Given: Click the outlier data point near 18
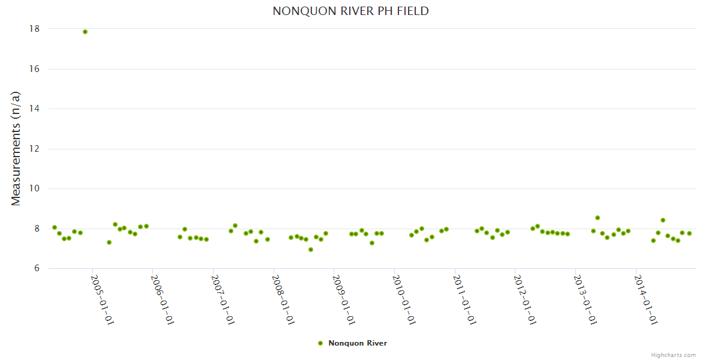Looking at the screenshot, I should [85, 32].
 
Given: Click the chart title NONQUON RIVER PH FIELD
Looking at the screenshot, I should [350, 11].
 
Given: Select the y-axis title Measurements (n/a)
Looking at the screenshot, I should [16, 148].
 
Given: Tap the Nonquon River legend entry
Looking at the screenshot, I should [353, 343].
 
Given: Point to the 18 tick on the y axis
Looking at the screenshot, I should [34, 29].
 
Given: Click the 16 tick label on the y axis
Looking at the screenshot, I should [34, 69].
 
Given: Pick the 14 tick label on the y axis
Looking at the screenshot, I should [34, 109].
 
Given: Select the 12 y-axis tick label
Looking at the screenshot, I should [34, 149].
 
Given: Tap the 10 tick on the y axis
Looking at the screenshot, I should [34, 188].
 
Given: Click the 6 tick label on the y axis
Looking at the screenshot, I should [37, 269].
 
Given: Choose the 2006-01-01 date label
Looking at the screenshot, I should [162, 299].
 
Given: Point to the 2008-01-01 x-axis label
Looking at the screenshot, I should [283, 299].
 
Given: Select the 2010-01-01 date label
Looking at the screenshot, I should [404, 299].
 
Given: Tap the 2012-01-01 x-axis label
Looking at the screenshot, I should [524, 299].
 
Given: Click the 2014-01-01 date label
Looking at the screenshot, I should [646, 299].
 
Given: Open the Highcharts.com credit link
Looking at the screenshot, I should [673, 355].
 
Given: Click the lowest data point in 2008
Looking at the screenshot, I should [311, 250].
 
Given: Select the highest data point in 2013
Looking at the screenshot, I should [598, 218].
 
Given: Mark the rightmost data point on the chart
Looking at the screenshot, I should [689, 233].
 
